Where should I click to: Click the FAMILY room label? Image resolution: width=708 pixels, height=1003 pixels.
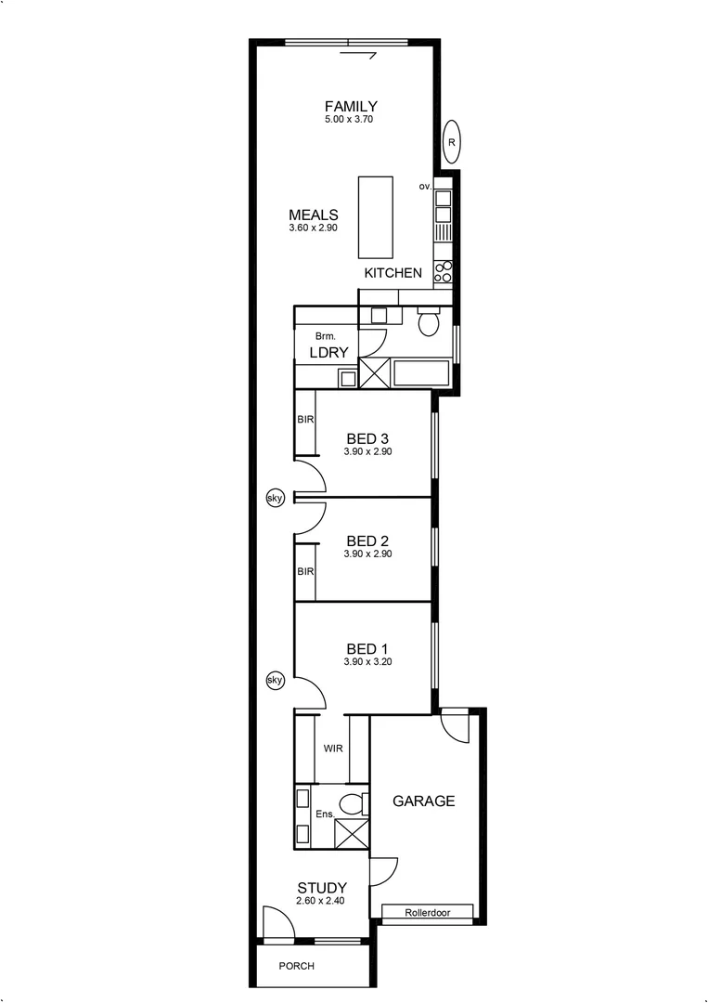pyautogui.click(x=350, y=106)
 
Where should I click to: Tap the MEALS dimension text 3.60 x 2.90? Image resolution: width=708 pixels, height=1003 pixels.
pyautogui.click(x=313, y=228)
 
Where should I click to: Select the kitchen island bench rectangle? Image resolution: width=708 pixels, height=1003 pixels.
pyautogui.click(x=375, y=216)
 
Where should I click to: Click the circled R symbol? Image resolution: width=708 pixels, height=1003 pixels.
pyautogui.click(x=451, y=142)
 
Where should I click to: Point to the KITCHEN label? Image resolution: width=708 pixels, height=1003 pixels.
pyautogui.click(x=393, y=273)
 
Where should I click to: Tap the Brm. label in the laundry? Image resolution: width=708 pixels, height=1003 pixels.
pyautogui.click(x=324, y=335)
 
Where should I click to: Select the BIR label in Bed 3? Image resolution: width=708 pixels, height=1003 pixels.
pyautogui.click(x=305, y=421)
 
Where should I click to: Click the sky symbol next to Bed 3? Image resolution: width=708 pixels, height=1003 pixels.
pyautogui.click(x=275, y=498)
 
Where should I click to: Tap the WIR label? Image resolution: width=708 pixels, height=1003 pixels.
pyautogui.click(x=333, y=749)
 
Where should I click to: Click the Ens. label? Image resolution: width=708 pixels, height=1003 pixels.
pyautogui.click(x=324, y=814)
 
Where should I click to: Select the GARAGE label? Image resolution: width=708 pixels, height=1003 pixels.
pyautogui.click(x=423, y=801)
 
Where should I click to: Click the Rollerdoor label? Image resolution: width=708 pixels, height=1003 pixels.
pyautogui.click(x=427, y=913)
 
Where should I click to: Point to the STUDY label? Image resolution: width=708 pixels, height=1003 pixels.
pyautogui.click(x=322, y=888)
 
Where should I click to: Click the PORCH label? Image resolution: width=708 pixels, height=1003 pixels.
pyautogui.click(x=297, y=966)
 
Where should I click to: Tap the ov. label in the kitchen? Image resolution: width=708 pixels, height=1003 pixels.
pyautogui.click(x=426, y=187)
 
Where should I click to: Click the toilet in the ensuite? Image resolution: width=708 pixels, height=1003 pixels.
pyautogui.click(x=350, y=803)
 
